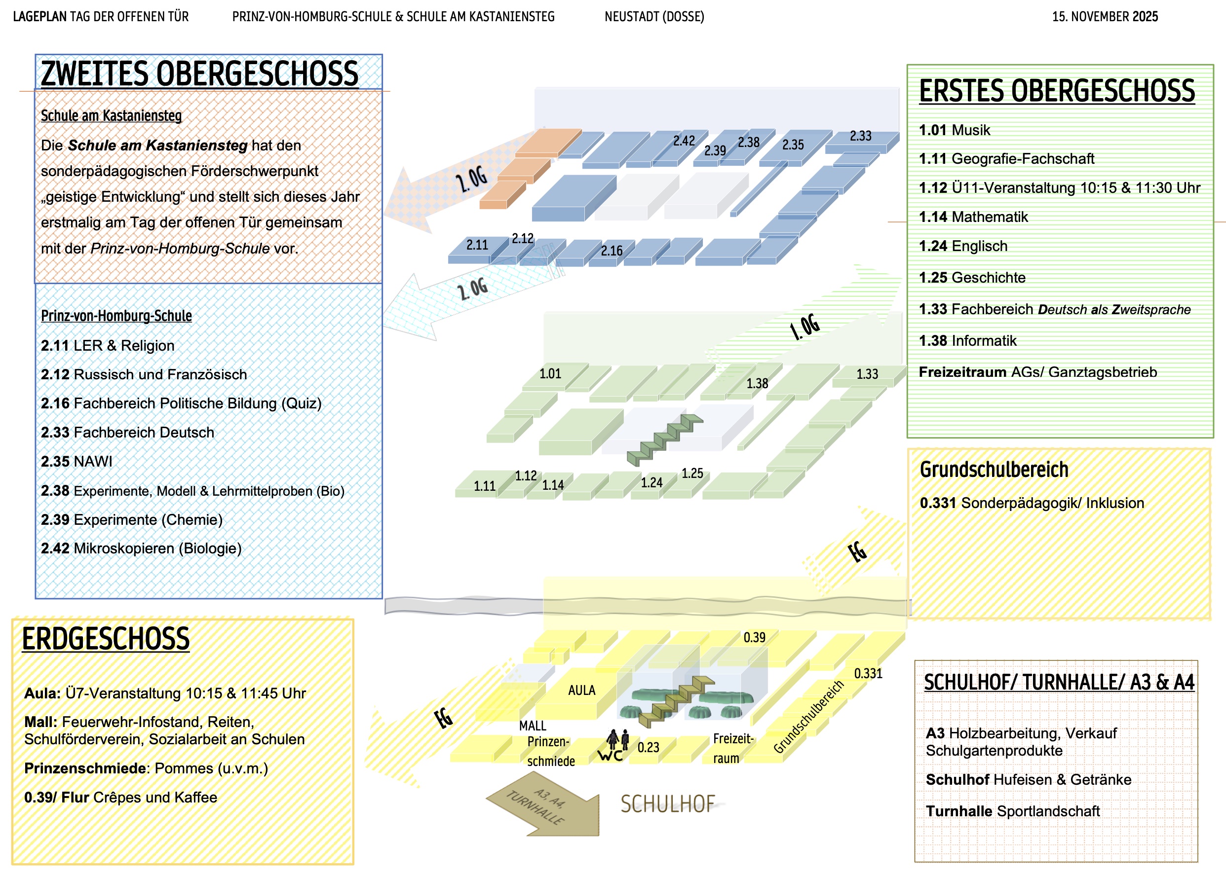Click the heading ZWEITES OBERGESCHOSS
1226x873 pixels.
pos(199,74)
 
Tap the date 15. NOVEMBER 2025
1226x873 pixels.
pos(1105,17)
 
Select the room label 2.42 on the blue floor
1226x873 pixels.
pos(684,141)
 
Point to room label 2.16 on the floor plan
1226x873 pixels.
pos(611,251)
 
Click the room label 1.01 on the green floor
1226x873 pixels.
pos(550,373)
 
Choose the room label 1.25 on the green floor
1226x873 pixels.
pos(692,473)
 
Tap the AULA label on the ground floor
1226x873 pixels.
pos(581,690)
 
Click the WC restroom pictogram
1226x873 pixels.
pos(614,746)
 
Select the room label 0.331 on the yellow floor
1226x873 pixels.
pos(868,674)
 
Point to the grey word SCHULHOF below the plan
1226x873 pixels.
pos(668,804)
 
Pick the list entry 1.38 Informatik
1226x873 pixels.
pos(967,341)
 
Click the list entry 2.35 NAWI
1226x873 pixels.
pos(77,462)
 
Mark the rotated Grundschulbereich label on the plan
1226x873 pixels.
pos(808,717)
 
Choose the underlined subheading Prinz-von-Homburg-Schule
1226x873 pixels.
pos(116,316)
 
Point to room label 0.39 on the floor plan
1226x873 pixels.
pos(754,638)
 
